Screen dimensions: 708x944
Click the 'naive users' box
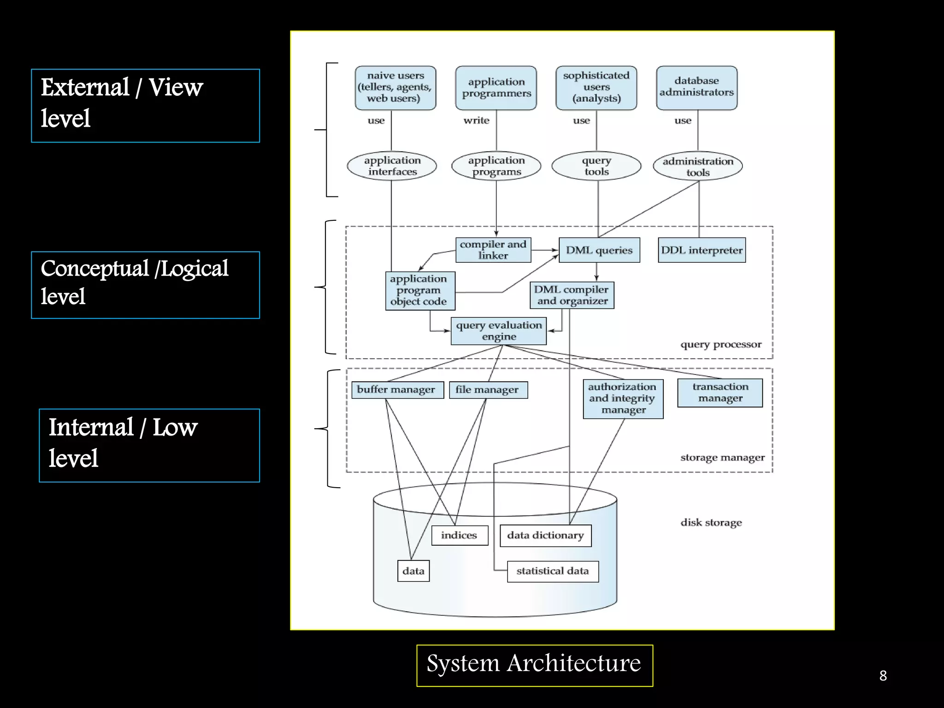395,88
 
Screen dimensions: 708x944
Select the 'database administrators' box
696,88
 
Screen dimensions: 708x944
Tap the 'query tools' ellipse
596,166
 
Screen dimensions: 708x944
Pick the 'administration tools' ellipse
697,166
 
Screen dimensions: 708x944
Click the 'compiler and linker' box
493,250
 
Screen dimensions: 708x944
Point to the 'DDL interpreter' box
702,250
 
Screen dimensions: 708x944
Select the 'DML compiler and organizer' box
572,295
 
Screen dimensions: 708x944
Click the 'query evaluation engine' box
498,331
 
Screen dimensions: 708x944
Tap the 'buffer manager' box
397,390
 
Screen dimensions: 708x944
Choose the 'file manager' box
488,390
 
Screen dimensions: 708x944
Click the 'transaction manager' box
720,393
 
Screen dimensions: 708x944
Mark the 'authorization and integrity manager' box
623,399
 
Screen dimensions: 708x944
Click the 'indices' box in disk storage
459,536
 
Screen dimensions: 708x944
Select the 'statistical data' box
553,572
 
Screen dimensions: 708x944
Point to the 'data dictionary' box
545,536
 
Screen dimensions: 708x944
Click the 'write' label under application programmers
476,121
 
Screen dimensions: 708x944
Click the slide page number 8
883,676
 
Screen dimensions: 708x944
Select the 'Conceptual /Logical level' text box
145,285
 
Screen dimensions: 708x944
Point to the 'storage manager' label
722,458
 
